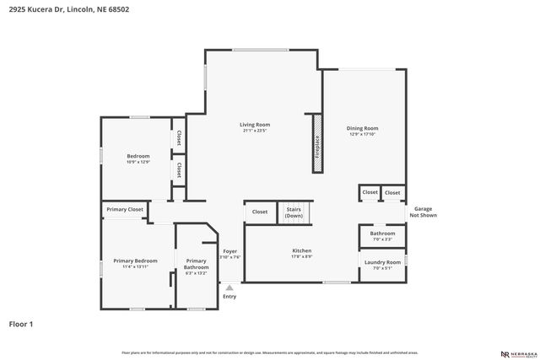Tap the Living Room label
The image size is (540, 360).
coord(255,125)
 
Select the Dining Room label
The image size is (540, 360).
coord(363,128)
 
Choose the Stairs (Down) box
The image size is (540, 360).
coord(294,212)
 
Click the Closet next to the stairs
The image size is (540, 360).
coord(260,212)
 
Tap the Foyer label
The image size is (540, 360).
coord(229,251)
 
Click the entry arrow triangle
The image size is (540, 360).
coord(229,287)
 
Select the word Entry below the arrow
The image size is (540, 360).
coord(229,297)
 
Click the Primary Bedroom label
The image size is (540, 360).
coord(135,261)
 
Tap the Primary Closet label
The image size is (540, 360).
coord(125,209)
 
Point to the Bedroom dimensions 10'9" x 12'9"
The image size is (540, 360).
coord(138,162)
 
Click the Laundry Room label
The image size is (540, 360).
coord(382,261)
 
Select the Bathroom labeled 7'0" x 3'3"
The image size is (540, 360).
coord(382,236)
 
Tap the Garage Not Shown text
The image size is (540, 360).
coord(423,212)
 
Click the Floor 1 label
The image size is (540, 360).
coord(21,323)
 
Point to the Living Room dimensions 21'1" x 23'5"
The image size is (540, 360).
coord(255,131)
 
